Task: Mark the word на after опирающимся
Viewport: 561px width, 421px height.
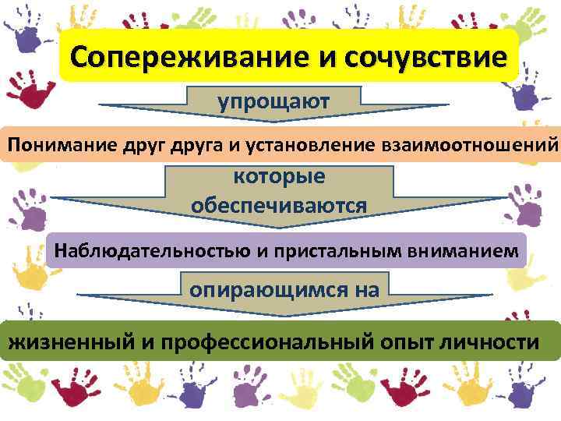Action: click(x=365, y=290)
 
